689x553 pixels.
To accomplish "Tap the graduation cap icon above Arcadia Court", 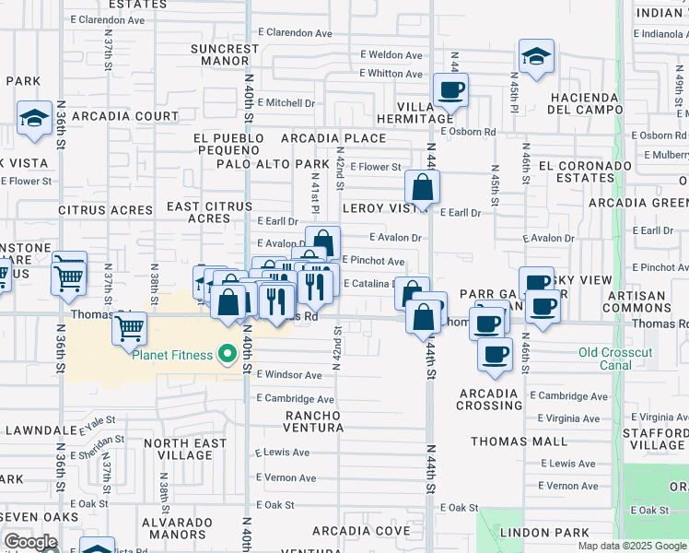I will tap(34, 118).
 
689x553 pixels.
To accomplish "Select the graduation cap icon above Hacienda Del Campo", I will tap(535, 56).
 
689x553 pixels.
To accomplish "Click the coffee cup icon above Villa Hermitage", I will tap(450, 89).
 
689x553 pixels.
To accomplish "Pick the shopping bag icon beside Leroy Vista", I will tap(421, 188).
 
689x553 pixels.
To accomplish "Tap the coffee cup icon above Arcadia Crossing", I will tap(495, 355).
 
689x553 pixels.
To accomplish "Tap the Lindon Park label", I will tap(543, 533).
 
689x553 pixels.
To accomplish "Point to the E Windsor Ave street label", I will tap(289, 375).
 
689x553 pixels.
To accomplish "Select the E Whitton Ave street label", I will tap(391, 73).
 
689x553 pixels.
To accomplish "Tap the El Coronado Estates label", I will tap(585, 172).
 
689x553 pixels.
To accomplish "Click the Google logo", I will tap(30, 542).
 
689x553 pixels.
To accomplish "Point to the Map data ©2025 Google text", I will tap(632, 546).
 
